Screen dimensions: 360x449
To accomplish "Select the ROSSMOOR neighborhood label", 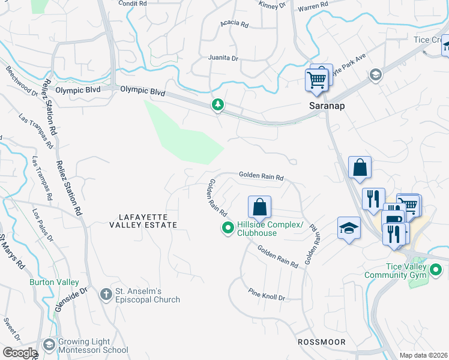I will click(321, 341).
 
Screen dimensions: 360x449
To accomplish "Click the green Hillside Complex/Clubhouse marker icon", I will click(228, 228).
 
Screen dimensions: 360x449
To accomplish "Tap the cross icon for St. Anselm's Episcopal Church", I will click(106, 295).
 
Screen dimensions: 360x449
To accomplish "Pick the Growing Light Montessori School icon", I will click(49, 346).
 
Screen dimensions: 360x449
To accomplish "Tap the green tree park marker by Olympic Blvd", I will click(217, 106).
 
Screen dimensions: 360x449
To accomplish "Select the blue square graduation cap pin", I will click(349, 228).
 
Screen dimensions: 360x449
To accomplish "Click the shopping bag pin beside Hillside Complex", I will click(259, 207).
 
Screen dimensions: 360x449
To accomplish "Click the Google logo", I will click(20, 353).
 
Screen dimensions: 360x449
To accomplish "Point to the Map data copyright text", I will click(424, 355).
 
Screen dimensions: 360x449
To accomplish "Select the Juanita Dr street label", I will click(223, 58).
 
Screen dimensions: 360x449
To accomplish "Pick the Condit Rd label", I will click(133, 4).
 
